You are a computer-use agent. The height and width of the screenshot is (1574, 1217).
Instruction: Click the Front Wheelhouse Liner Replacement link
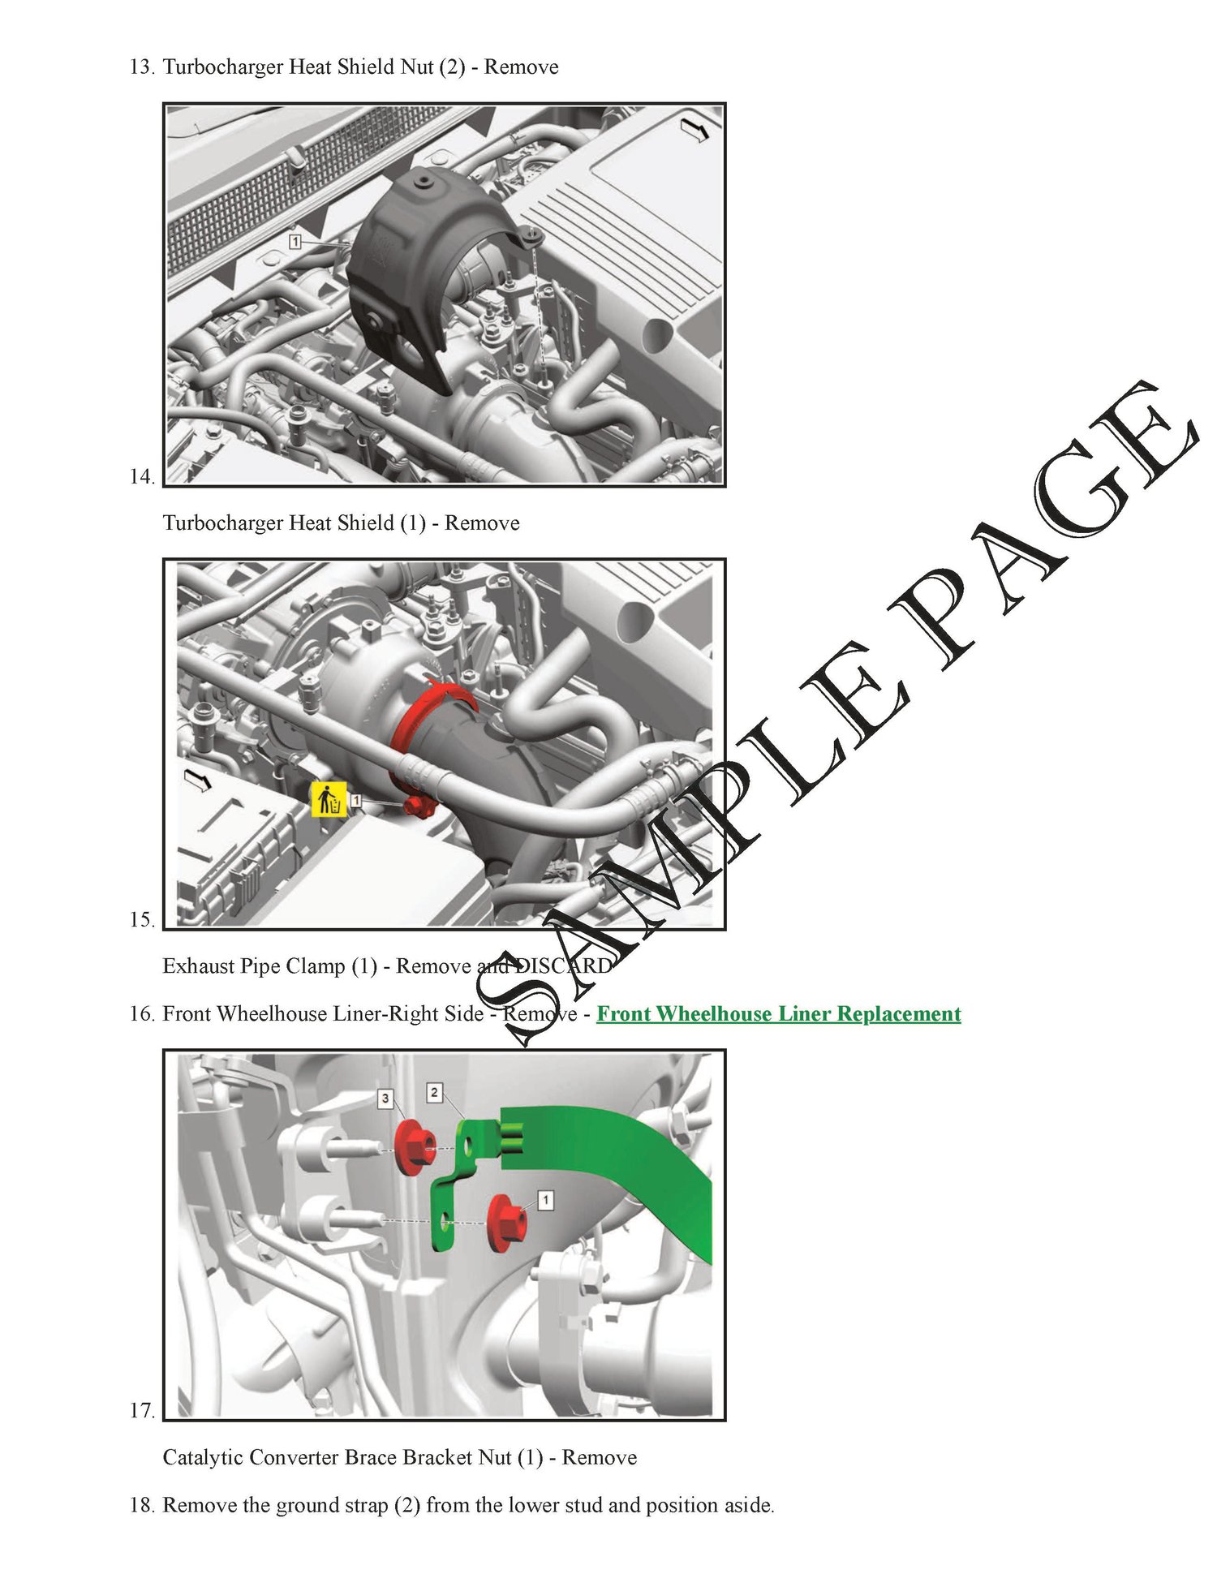point(779,1014)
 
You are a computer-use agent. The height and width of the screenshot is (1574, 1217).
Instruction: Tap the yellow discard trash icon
point(329,800)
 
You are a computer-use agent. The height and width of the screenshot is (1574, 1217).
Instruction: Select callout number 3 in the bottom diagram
point(385,1099)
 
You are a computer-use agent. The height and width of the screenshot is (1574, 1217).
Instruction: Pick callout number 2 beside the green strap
point(435,1092)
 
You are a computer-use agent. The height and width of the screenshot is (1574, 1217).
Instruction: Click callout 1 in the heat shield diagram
point(295,242)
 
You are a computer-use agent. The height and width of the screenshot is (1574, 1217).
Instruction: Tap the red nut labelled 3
point(414,1146)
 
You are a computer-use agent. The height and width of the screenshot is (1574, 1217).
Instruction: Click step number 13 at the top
point(142,67)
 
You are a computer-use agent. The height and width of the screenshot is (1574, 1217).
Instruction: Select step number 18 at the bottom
point(142,1505)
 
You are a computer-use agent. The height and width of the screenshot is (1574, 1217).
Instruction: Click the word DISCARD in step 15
point(564,966)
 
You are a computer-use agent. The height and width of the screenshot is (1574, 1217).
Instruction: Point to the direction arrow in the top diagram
point(695,128)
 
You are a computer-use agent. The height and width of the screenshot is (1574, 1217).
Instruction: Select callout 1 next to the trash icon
point(355,801)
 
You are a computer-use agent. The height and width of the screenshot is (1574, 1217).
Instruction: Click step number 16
point(142,1014)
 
